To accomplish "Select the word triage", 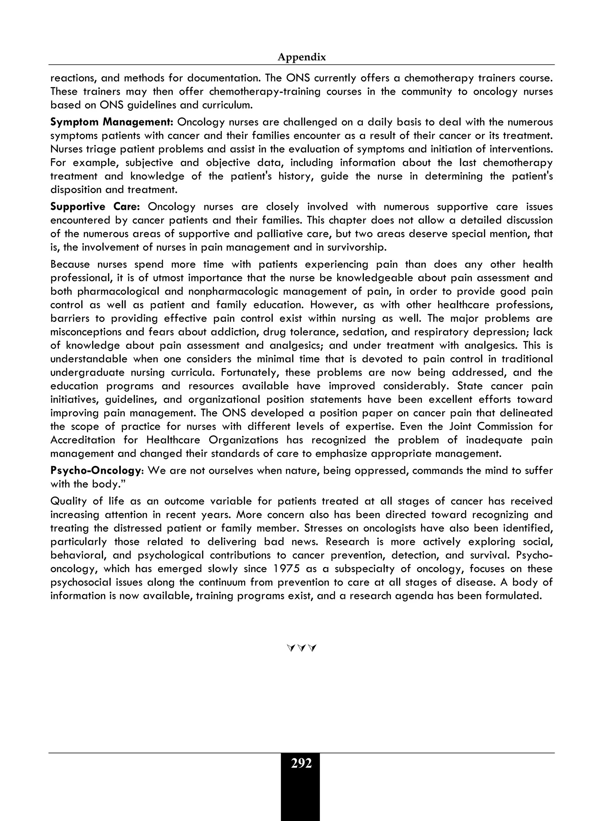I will click(96, 149).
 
